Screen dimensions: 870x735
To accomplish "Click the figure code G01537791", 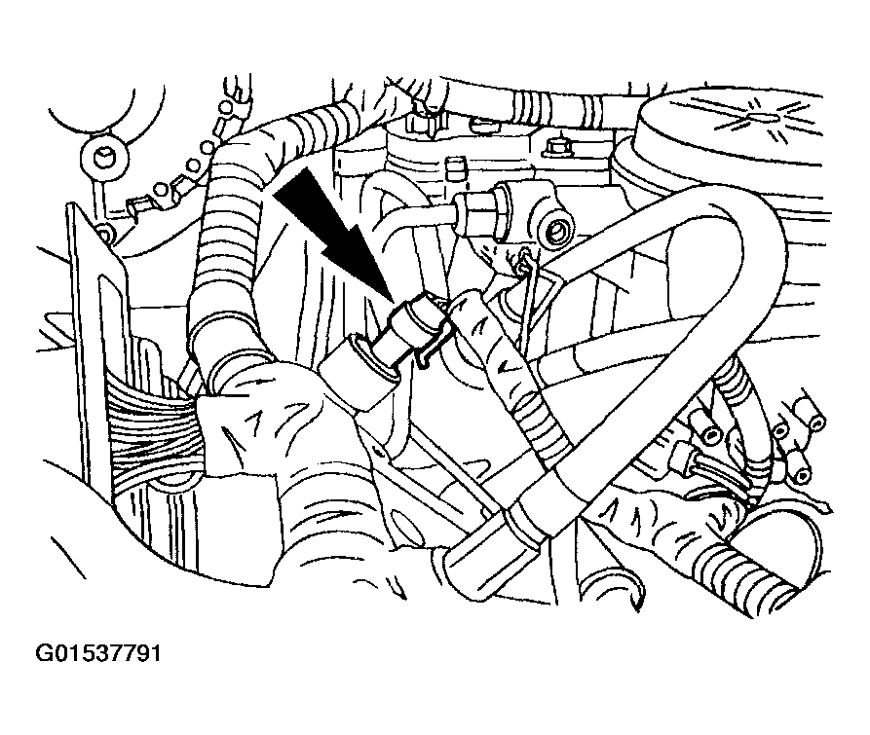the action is (x=98, y=653).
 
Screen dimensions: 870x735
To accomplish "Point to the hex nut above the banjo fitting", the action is (x=556, y=147).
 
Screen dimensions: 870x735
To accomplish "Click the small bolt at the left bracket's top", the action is (x=103, y=233).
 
